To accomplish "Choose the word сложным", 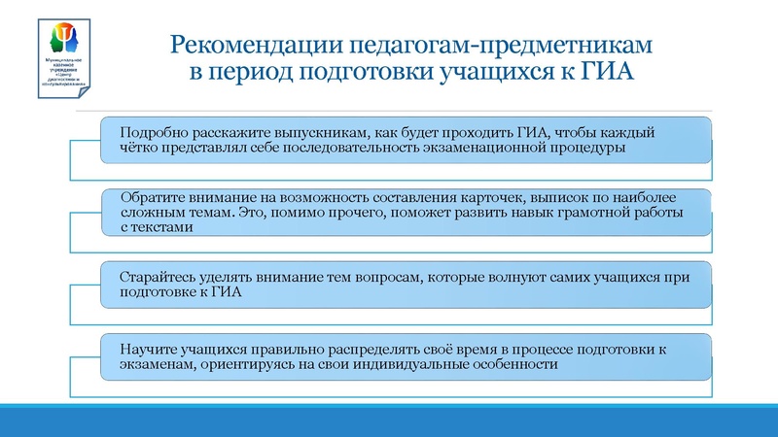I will pos(152,212).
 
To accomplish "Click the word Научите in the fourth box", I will pos(145,348).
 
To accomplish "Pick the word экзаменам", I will pos(154,363).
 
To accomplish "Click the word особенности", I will pos(513,363).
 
